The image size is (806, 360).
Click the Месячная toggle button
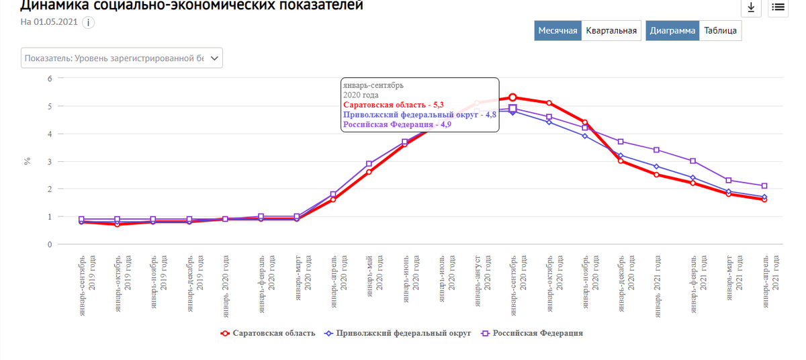tap(557, 31)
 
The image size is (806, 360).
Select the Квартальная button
tap(611, 31)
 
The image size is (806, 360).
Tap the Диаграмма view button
tap(672, 31)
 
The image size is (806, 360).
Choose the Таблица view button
tap(721, 31)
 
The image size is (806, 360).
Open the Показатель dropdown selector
tap(122, 58)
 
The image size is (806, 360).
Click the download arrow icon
tap(750, 8)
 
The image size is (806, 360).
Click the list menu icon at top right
tap(778, 8)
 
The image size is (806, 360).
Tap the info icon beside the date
tap(88, 22)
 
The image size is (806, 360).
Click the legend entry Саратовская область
tap(269, 333)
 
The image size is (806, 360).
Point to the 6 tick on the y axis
tap(49, 79)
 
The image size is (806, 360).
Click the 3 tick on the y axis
tap(49, 162)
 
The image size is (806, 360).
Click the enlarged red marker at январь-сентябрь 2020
tap(512, 97)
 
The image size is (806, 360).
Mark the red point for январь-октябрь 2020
tap(549, 103)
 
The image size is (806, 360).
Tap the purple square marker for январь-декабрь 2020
tap(621, 142)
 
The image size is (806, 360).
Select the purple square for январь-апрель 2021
tap(764, 186)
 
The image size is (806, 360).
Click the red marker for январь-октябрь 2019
tap(118, 224)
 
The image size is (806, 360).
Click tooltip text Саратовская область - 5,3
tap(393, 105)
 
